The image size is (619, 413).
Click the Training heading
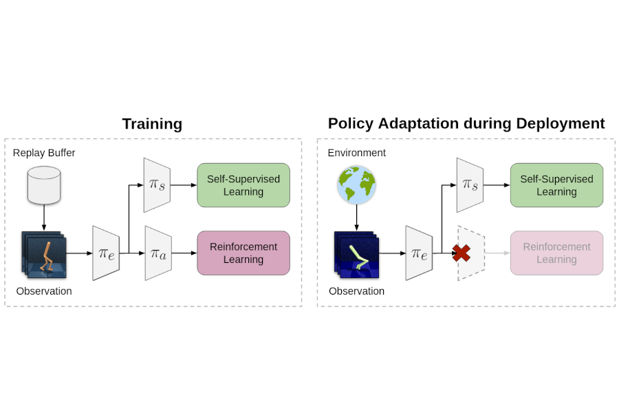(152, 124)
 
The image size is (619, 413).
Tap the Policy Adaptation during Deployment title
(466, 123)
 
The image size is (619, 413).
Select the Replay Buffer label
(44, 153)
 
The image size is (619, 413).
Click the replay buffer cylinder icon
(44, 184)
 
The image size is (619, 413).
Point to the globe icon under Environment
(356, 184)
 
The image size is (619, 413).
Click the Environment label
(356, 153)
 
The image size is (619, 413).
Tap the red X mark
(461, 253)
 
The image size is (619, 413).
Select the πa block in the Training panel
(158, 253)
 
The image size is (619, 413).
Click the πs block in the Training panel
(157, 185)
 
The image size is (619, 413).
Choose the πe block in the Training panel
(106, 253)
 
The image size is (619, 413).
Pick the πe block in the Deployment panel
(419, 253)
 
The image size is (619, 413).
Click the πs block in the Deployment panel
(470, 185)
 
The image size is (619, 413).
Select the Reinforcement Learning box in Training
(243, 253)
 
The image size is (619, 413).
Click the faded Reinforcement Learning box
(556, 253)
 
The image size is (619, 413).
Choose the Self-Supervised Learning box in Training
(243, 185)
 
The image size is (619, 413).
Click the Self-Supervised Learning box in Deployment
(556, 185)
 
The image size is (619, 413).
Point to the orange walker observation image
(45, 255)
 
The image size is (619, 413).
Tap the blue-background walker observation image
(357, 255)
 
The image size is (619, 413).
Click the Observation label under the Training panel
(44, 291)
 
